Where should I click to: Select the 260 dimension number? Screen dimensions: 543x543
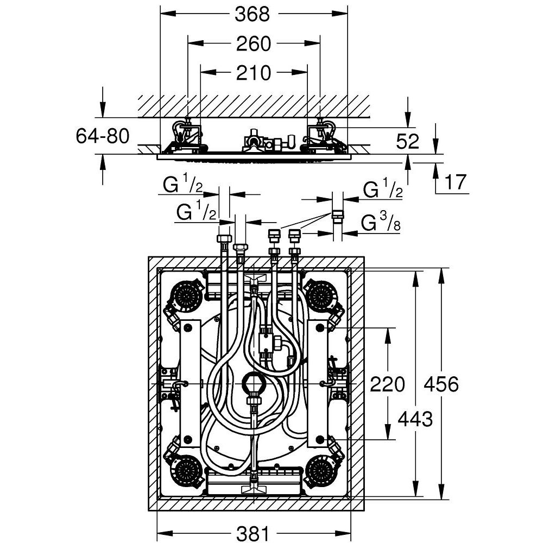(253, 43)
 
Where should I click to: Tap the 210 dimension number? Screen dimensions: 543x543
(253, 72)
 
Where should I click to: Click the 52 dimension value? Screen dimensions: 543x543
(408, 142)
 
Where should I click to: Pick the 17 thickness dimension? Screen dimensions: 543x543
(455, 183)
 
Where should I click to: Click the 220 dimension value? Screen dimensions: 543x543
(387, 384)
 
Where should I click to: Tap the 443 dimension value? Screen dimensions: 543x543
(415, 419)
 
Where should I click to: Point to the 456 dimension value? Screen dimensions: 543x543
(441, 384)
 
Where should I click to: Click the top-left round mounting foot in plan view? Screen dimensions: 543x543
(188, 295)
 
